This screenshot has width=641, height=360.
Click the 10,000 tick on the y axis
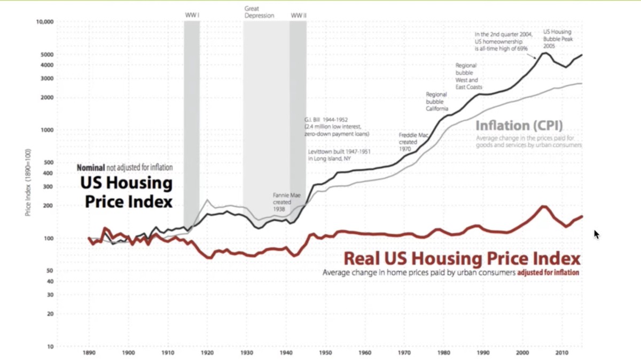point(44,22)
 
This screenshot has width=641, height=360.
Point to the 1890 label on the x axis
point(89,353)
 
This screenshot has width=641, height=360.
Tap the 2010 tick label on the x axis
point(561,353)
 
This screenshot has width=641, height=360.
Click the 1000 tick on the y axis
point(47,130)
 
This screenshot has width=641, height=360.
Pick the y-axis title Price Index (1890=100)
point(27,183)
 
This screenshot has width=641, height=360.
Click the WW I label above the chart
point(192,15)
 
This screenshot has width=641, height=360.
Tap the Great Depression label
point(259,12)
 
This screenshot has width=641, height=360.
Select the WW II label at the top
point(299,15)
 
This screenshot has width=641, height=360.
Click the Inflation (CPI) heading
point(519,126)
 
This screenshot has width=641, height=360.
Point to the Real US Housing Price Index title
point(462,259)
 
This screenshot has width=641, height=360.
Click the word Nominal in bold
point(91,168)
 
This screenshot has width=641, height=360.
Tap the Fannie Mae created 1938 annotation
point(282,202)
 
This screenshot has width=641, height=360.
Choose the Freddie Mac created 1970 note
point(414,143)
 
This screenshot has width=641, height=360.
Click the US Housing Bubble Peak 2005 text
point(557,39)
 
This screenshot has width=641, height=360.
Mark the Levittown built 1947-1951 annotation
point(339,155)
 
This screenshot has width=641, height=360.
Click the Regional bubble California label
point(437,101)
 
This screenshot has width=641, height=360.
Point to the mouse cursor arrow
point(596,234)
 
